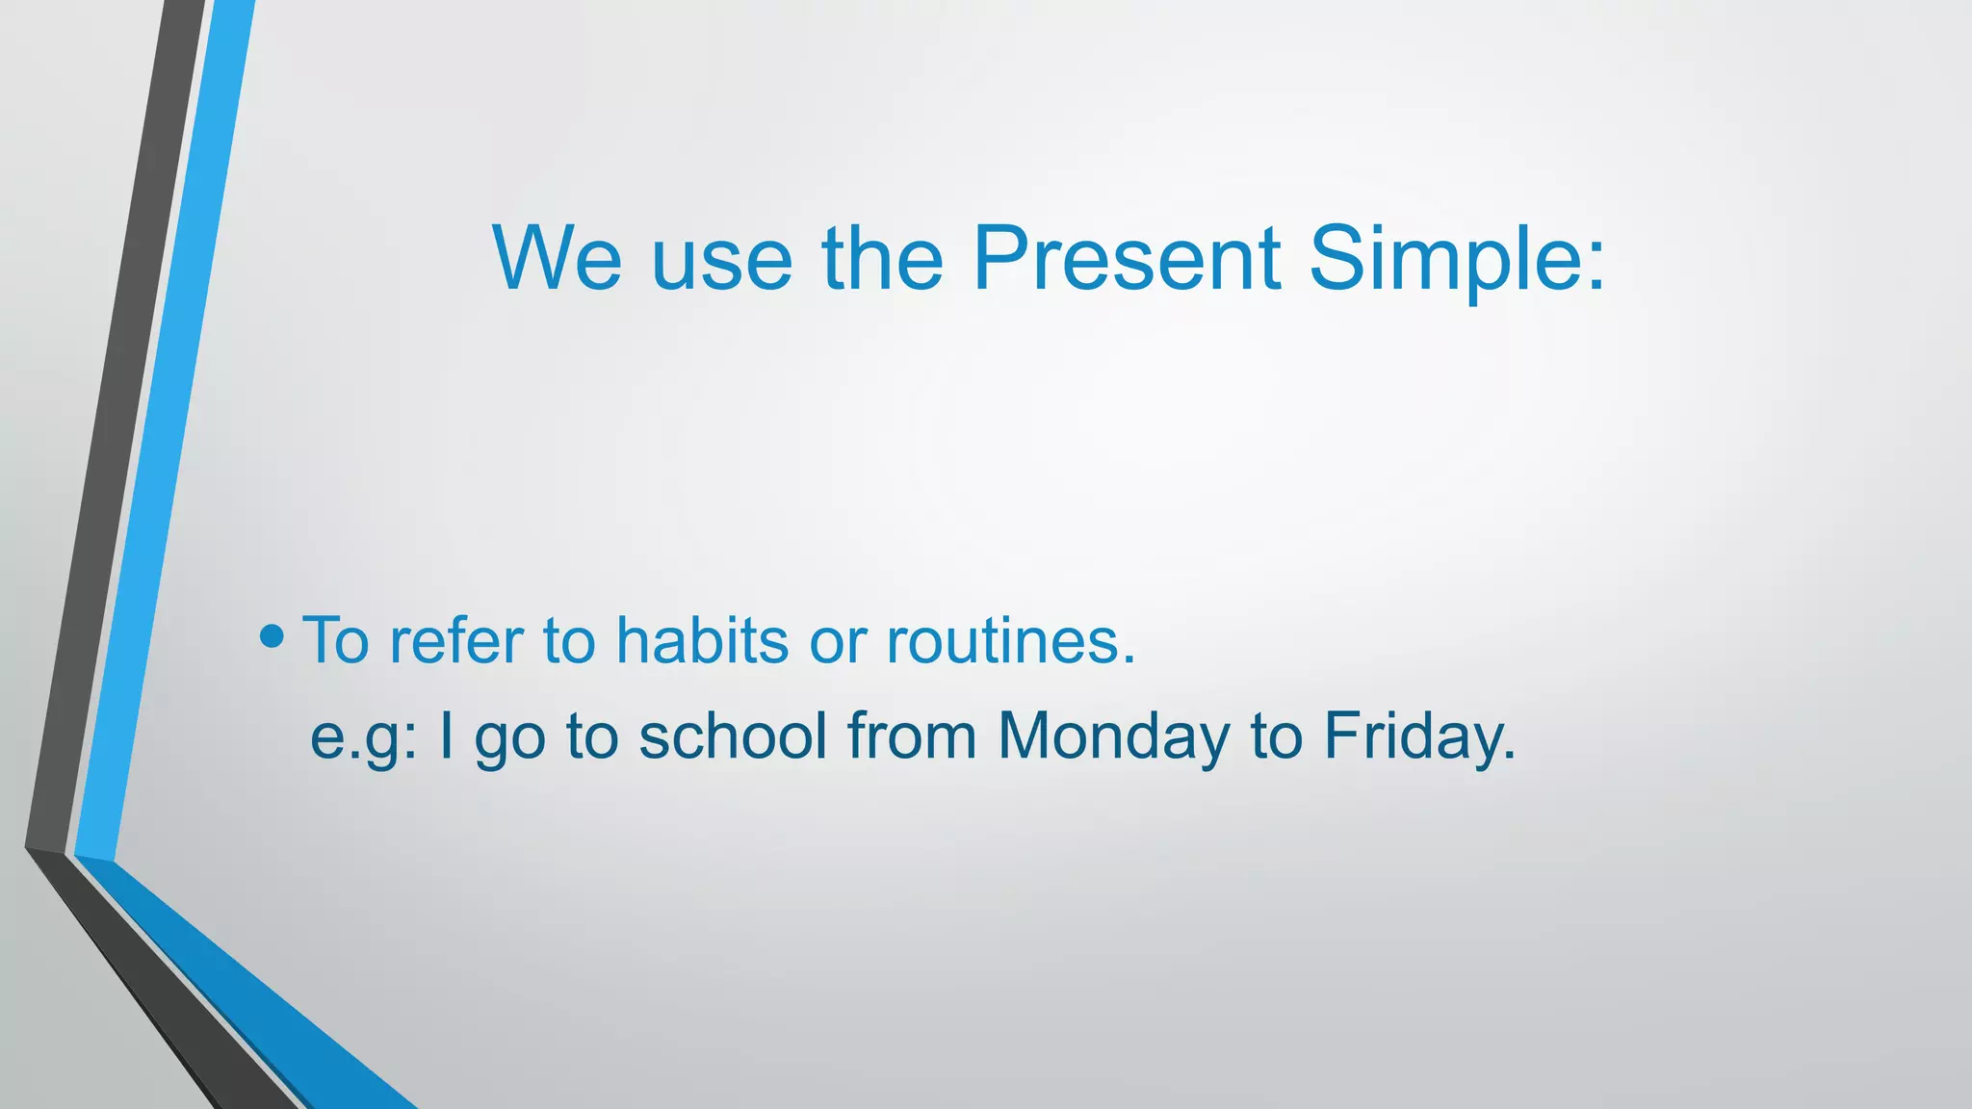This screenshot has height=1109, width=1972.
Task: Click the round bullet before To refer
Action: point(272,636)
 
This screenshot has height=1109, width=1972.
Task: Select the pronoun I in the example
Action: point(446,735)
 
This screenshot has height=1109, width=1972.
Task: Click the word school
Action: point(733,735)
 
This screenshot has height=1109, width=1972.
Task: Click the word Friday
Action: point(1412,737)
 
